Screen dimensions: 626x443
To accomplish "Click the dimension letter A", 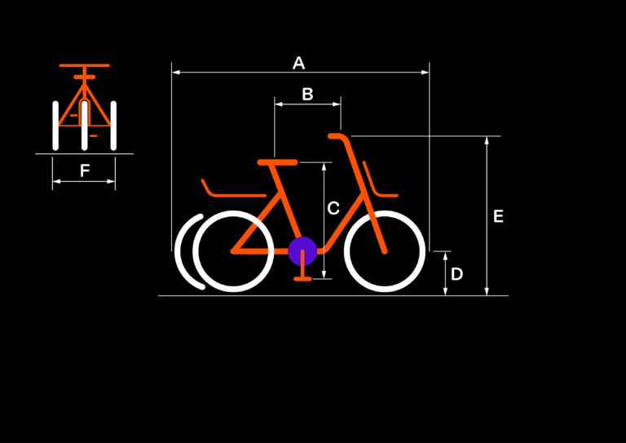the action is tap(298, 63).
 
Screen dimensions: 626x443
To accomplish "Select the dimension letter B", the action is tap(307, 95).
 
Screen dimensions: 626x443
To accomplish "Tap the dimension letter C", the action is tap(333, 208).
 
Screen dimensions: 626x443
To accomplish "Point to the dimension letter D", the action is tap(456, 274).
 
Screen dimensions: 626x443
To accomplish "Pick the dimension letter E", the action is tap(498, 216).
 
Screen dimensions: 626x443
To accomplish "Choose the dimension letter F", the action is tap(85, 171).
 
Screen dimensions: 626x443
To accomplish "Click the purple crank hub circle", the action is tap(302, 251).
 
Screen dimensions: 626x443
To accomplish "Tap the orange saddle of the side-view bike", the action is tap(277, 162).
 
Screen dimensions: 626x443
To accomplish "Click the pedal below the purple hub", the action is tap(302, 278).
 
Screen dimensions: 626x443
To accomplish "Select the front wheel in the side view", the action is tap(385, 251).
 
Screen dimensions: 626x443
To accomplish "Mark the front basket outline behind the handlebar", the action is tap(380, 179).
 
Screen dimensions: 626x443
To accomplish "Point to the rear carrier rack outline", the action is tap(234, 188).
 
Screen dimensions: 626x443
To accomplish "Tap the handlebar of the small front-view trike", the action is tap(84, 65).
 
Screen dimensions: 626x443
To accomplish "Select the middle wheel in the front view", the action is tap(84, 126).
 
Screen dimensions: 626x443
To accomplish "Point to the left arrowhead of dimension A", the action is tap(176, 73).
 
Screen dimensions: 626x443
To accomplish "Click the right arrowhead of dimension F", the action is tap(112, 181).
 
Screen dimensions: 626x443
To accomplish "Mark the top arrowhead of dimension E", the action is tap(487, 140).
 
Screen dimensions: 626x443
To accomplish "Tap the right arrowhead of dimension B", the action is tap(337, 104).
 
